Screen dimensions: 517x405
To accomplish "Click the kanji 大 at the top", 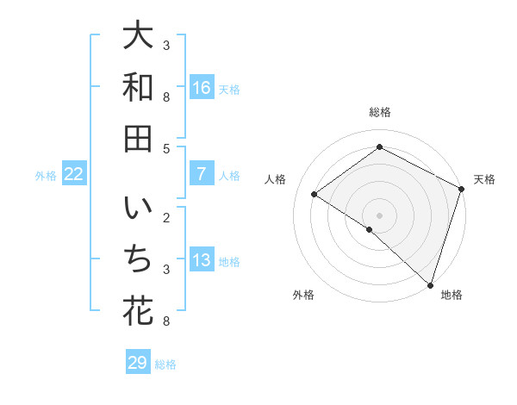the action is pos(138,37).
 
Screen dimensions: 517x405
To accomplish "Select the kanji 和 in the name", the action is pos(138,89).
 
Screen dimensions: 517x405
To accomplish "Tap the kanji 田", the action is pos(138,140).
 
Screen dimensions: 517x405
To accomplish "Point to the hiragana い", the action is pos(138,209).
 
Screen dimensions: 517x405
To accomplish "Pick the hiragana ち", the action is pos(138,259).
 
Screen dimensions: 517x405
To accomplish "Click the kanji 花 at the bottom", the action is pos(138,311).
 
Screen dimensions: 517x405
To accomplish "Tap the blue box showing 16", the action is pos(202,88).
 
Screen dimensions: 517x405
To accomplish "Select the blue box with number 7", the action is pos(202,174).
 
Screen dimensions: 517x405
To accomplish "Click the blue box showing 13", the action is pos(202,260).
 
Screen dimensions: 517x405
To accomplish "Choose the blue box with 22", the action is pos(74,174).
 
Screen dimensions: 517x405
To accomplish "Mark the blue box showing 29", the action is pos(138,363).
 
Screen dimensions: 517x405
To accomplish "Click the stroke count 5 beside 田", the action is pos(166,149).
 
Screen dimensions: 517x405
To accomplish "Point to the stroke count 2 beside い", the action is pos(166,216).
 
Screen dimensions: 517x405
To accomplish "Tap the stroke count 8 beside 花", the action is pos(166,321).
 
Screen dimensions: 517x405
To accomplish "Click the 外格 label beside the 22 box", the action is pos(46,176).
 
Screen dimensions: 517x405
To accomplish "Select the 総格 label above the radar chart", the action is pos(379,113).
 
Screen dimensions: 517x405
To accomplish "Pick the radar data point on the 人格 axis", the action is pos(315,194).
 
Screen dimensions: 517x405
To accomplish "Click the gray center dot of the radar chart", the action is pos(379,215).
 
